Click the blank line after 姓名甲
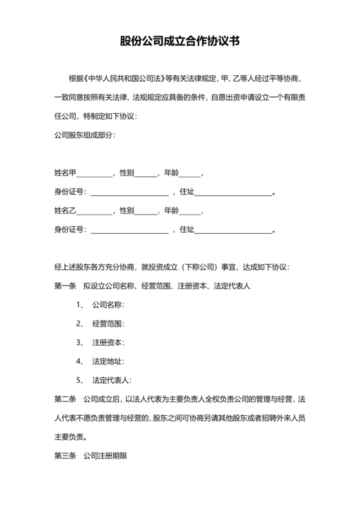coord(94,174)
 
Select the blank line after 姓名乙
coord(94,211)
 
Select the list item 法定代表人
coord(112,380)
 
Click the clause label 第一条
coord(65,285)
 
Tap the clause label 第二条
coord(65,399)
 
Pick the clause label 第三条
coord(65,456)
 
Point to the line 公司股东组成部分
coord(84,136)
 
